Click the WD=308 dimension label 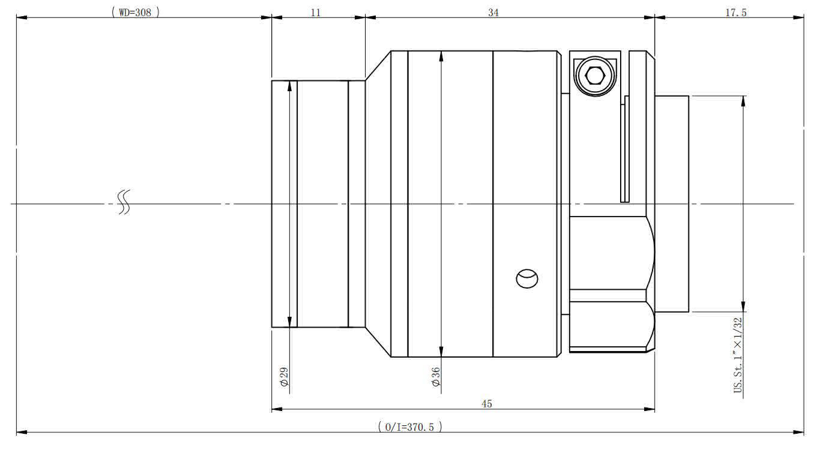(135, 13)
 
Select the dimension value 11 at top (316, 13)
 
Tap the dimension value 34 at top (493, 13)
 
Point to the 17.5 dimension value (736, 13)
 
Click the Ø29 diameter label (284, 376)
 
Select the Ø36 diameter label (435, 376)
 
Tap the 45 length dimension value (487, 404)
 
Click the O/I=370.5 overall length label (409, 427)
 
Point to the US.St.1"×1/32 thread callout (738, 355)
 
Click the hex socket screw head (595, 76)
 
